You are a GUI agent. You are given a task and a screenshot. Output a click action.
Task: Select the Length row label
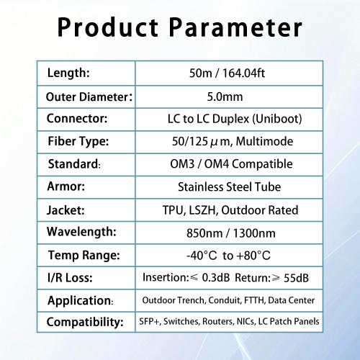[x=68, y=73]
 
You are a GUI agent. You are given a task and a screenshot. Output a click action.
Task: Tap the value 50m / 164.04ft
[x=228, y=73]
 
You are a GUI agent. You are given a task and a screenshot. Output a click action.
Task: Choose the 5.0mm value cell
[x=228, y=96]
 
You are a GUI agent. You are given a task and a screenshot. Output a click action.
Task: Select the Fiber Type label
[x=77, y=142]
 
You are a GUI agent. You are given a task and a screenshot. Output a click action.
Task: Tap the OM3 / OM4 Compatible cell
[x=228, y=164]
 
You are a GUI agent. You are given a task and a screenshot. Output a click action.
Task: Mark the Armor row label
[x=66, y=186]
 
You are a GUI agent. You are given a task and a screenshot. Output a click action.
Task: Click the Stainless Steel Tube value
[x=228, y=187]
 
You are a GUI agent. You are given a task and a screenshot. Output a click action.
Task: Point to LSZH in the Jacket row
[x=220, y=210]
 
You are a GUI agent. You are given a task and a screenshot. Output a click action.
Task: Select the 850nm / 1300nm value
[x=228, y=233]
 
